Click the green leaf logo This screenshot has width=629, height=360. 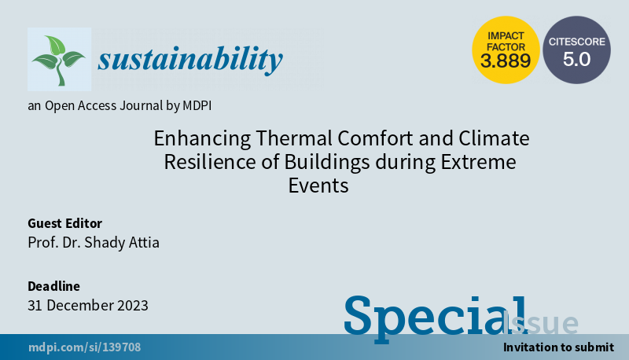tap(58, 60)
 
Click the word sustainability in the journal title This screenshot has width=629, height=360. tap(189, 58)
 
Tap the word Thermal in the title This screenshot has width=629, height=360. tap(282, 139)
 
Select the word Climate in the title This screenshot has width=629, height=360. tap(494, 139)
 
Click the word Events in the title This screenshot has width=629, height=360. tap(318, 186)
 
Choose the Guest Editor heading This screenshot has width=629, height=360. tap(64, 223)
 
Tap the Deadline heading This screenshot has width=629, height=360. tap(53, 286)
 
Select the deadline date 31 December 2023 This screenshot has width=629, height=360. tap(87, 305)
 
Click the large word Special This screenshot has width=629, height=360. tap(435, 316)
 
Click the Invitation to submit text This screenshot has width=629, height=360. tap(558, 347)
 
